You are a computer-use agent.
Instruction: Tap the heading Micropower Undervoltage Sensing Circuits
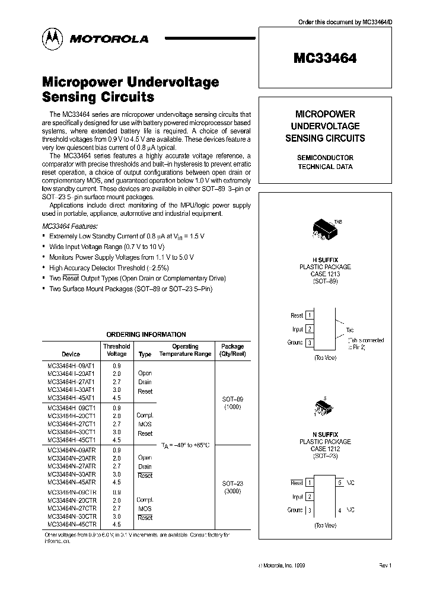130,89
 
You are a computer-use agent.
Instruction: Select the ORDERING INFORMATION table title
146,334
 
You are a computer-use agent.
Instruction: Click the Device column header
71,354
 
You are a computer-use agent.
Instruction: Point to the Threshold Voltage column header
116,350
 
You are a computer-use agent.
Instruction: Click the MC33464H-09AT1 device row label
70,366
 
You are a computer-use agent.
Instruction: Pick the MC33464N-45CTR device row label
70,525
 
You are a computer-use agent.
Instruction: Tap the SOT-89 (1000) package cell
232,403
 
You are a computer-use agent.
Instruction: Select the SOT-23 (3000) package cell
232,487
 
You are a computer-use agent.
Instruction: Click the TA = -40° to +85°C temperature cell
186,445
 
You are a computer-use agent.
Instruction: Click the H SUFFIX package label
324,259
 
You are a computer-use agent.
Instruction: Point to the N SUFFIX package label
324,435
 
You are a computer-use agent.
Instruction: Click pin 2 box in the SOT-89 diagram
310,329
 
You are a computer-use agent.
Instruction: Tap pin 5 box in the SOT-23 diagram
340,483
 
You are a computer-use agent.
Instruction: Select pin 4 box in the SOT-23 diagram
340,510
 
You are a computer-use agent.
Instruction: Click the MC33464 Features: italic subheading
69,226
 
